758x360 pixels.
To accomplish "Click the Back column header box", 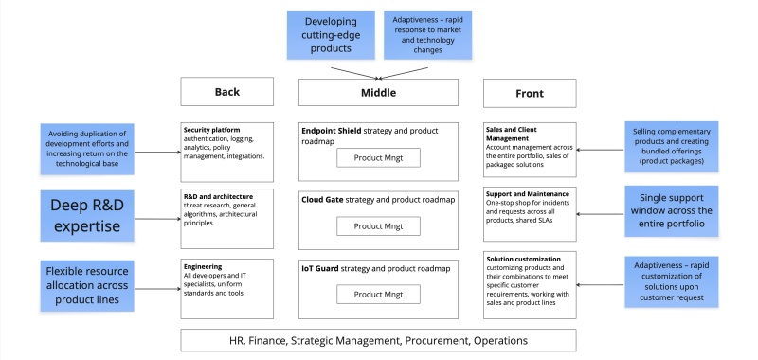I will (x=227, y=92).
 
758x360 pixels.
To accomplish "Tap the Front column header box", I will (x=531, y=92).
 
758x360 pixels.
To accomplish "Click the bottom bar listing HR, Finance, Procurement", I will (x=378, y=339).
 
